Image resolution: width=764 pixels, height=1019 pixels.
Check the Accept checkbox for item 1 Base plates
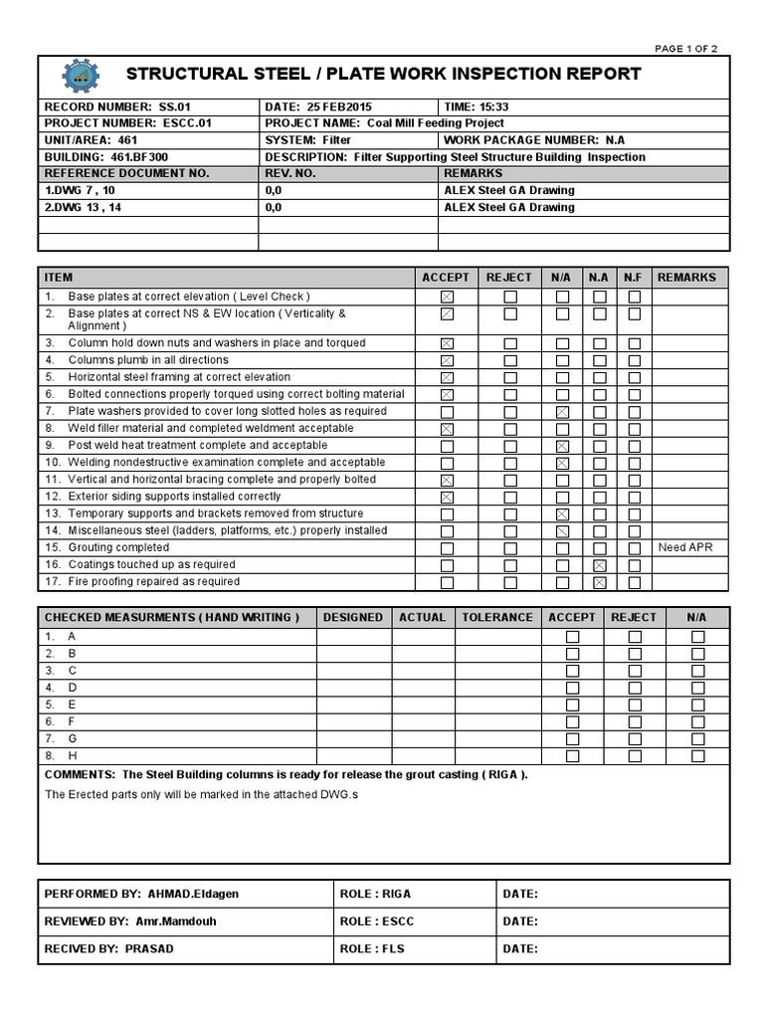coord(447,297)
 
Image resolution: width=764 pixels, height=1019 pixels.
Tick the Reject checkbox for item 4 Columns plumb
coord(509,360)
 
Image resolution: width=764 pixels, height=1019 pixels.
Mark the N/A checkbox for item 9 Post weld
coord(562,446)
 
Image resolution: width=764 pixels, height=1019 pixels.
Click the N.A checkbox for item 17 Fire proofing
coord(600,582)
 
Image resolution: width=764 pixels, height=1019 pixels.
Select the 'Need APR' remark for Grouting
coord(685,547)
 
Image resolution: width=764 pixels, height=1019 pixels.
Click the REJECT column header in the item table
coord(508,278)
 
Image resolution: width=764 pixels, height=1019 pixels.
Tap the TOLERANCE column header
coord(497,617)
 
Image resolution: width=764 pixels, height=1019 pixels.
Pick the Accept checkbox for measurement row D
coord(572,688)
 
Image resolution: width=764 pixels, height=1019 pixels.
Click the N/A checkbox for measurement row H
coord(697,756)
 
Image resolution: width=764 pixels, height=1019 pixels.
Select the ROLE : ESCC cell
coord(376,921)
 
